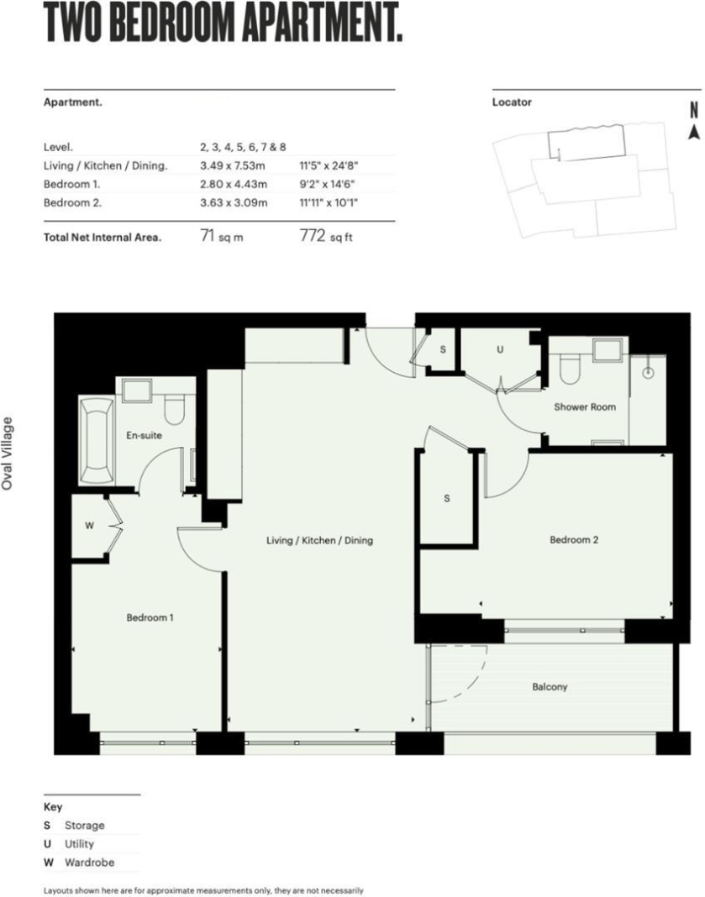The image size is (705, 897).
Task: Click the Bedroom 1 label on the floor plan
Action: pos(150,618)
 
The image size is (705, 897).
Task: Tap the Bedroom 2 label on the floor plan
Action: pos(574,539)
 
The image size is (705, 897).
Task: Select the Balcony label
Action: pos(550,687)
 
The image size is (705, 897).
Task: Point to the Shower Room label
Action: pos(585,407)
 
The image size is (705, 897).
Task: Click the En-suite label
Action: pos(145,435)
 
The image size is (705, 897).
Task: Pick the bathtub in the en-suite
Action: pos(97,440)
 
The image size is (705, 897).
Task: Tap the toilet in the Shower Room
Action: pos(570,369)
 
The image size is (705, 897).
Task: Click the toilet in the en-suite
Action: pos(175,410)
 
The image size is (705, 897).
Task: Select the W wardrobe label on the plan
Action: pos(89,526)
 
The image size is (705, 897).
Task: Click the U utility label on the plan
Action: pos(500,349)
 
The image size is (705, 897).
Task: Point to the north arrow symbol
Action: pos(694,121)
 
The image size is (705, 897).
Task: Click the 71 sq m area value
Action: pos(222,236)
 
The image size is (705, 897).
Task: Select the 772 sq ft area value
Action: pos(326,236)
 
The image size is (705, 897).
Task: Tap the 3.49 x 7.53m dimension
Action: pos(233,166)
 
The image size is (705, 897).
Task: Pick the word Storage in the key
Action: pos(85,826)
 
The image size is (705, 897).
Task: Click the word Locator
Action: pos(512,102)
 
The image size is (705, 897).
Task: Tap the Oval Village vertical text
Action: pos(8,454)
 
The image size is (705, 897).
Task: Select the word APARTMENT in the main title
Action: pos(321,24)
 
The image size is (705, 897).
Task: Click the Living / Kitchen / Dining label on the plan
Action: pos(320,540)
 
